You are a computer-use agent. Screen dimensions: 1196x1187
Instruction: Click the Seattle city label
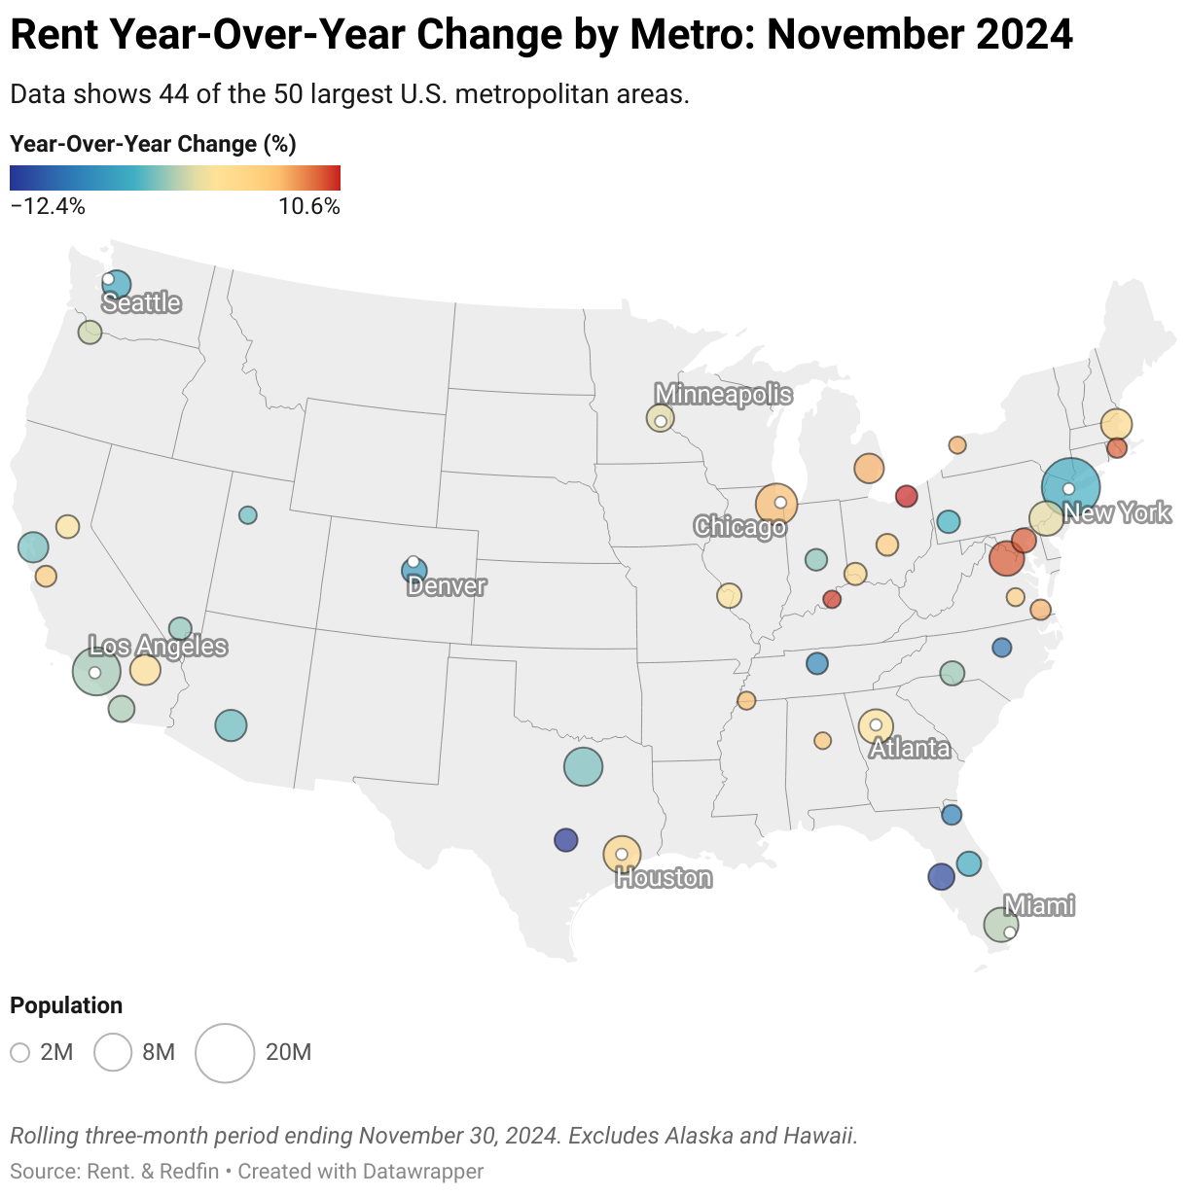coord(142,302)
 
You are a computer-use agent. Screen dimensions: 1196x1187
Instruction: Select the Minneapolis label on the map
coord(723,394)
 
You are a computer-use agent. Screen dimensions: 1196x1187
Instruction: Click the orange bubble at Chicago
coord(775,504)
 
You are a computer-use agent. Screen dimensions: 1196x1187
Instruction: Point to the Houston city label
coord(664,878)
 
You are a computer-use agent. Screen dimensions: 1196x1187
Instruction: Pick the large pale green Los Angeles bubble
coord(96,671)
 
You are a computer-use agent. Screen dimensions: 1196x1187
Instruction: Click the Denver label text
coord(447,585)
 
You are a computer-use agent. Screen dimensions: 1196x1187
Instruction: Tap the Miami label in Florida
coord(1038,905)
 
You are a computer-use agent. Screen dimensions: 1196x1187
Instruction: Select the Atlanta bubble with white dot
coord(876,725)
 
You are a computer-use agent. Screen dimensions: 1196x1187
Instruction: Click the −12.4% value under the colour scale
coord(48,206)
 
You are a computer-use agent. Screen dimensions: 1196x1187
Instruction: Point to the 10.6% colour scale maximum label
coord(308,206)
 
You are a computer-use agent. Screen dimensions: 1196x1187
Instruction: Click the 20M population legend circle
coord(225,1052)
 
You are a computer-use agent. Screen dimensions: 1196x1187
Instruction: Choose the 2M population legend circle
coord(20,1052)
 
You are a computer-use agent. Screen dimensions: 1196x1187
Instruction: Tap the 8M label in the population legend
coord(159,1052)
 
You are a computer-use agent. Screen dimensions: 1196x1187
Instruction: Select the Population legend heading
coord(66,1005)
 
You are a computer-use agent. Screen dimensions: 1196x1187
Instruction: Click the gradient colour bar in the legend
coord(175,178)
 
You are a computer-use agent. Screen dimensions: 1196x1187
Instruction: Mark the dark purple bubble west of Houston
coord(565,839)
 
